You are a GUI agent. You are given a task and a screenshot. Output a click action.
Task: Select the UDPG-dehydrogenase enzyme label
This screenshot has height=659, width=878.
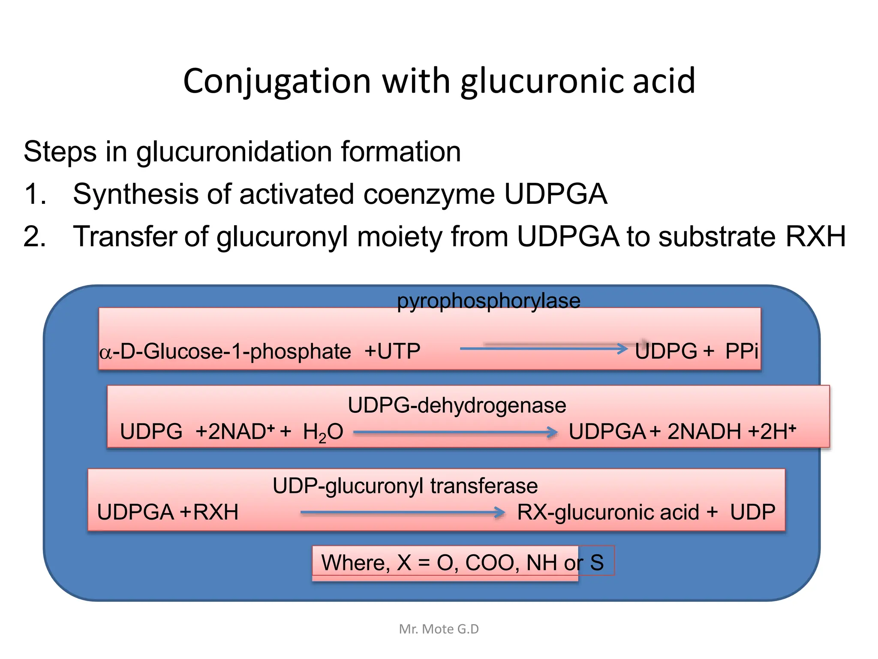click(457, 405)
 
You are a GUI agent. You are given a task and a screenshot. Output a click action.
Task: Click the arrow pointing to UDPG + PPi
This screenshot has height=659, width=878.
click(544, 348)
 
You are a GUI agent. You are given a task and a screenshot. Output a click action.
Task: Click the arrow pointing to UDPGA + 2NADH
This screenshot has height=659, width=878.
click(456, 432)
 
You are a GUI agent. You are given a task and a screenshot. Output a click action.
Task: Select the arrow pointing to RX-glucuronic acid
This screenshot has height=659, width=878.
click(403, 512)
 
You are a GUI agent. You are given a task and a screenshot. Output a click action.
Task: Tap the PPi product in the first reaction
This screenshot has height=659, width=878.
click(742, 351)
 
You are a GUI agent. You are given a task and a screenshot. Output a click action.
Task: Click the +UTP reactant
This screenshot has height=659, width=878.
click(392, 351)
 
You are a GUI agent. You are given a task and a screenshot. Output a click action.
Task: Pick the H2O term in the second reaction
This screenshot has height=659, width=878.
click(323, 432)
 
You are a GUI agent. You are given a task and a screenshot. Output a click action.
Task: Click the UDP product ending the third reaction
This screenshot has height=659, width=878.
click(753, 512)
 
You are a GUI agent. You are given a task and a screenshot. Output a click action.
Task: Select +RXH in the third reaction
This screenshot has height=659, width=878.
click(209, 512)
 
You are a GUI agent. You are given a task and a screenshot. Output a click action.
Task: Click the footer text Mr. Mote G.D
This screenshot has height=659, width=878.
click(439, 629)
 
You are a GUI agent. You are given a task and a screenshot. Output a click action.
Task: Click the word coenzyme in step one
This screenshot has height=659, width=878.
click(429, 194)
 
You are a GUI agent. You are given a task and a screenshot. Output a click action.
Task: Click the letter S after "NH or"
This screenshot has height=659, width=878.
click(597, 562)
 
